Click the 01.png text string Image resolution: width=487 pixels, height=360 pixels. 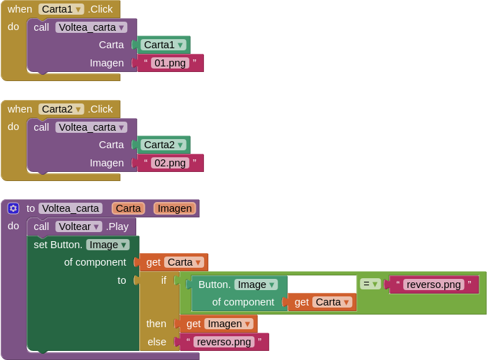tap(170, 63)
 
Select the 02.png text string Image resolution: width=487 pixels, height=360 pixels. tap(170, 163)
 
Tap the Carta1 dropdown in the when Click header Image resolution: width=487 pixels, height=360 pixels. tap(61, 9)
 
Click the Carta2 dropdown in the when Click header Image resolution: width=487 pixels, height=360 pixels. tap(61, 109)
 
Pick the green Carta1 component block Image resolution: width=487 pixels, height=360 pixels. tap(163, 45)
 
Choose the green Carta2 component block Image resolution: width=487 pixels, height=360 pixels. tap(163, 145)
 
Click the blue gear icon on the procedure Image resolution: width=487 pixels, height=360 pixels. tap(13, 208)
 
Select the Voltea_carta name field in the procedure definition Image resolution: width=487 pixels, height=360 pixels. tap(71, 208)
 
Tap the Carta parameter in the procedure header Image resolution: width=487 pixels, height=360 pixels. tap(129, 208)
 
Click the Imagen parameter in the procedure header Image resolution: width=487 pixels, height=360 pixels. tap(175, 208)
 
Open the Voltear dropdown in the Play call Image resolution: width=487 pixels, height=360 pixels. tap(79, 226)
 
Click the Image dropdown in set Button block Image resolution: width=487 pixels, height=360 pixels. tap(108, 245)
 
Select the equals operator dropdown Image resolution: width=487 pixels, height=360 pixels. tap(370, 284)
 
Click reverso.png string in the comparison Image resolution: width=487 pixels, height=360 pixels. tap(434, 285)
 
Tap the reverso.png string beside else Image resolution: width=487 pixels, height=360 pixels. tap(224, 342)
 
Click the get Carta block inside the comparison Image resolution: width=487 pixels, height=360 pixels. tap(322, 302)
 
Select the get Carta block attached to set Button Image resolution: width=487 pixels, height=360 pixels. tap(173, 262)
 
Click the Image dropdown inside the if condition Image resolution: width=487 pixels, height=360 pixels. tap(256, 285)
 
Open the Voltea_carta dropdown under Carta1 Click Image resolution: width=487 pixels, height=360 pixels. tap(92, 28)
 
